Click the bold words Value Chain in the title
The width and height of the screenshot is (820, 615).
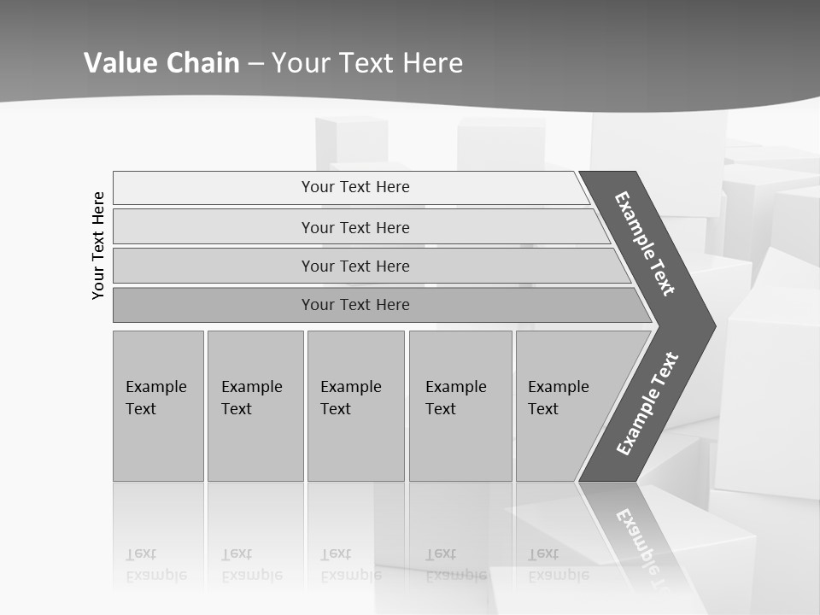point(161,62)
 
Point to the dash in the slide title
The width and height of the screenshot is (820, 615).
point(255,63)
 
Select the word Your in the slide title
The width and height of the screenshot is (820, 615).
point(298,62)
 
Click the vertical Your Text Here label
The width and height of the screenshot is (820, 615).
point(98,245)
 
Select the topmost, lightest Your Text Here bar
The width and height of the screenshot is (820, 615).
point(354,187)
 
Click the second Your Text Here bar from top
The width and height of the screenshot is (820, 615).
point(354,227)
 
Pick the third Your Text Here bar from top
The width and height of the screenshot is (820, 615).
point(354,266)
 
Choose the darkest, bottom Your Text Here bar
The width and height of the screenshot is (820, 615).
point(354,305)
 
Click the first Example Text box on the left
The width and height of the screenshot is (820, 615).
point(158,405)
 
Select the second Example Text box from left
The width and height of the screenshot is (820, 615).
point(255,405)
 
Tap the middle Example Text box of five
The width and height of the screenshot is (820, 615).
point(355,405)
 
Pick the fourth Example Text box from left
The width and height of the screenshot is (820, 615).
point(460,405)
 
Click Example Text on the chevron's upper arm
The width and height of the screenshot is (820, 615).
point(645,243)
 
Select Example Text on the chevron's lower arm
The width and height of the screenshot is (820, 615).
point(647,404)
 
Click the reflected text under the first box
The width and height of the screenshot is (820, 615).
point(155,565)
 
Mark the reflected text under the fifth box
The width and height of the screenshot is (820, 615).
point(558,565)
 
